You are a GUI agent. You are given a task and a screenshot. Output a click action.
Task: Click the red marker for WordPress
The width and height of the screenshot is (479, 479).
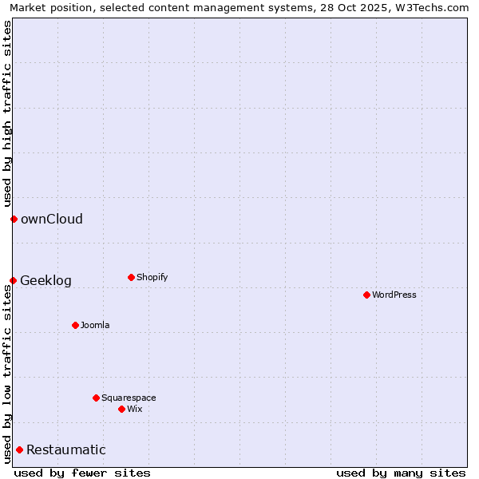[366, 295]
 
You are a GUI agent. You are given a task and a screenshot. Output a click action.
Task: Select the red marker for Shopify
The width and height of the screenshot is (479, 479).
[131, 277]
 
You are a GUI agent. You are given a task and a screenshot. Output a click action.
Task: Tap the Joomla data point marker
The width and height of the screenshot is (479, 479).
[75, 325]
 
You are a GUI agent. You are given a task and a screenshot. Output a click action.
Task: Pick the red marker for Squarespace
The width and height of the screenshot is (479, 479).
[96, 398]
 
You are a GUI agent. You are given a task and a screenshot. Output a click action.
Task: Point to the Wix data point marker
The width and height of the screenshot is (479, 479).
[121, 409]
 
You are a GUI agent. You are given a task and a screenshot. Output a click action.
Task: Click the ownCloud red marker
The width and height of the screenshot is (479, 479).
[14, 219]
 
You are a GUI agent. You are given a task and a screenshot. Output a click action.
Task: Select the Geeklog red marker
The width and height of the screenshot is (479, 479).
[13, 280]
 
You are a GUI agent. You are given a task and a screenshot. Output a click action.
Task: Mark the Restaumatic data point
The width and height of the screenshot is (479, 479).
[19, 449]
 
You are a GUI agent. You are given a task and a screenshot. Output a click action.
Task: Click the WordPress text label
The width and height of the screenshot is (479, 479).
[394, 295]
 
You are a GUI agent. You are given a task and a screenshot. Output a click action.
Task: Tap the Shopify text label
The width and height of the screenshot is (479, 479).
[152, 277]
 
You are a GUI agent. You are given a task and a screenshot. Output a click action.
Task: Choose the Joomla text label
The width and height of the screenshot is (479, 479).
[95, 325]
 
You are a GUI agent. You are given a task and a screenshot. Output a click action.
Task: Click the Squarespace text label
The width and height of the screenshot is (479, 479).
[129, 398]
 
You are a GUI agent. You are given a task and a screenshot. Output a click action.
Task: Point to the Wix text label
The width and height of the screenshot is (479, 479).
[135, 409]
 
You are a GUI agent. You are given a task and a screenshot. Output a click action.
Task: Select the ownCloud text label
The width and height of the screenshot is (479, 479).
[52, 219]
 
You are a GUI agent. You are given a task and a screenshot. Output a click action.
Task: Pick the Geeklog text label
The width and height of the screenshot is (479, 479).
[46, 280]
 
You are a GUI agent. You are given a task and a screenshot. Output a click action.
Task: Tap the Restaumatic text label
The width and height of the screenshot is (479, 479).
[66, 449]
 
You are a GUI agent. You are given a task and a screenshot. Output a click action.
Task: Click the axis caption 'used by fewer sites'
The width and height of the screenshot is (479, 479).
[82, 473]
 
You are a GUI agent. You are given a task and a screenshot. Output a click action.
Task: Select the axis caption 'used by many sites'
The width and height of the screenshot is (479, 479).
[401, 473]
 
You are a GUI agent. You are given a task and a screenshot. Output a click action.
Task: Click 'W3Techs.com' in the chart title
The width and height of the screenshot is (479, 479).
[434, 7]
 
